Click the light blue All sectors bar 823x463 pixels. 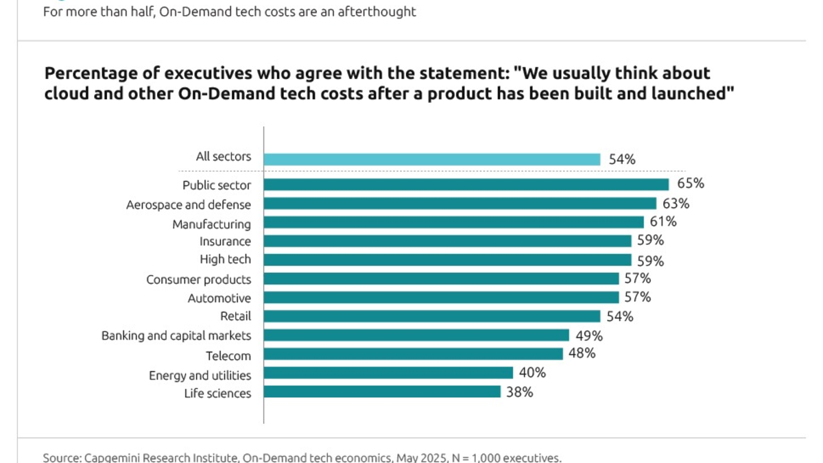(432, 159)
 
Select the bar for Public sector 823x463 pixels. (466, 185)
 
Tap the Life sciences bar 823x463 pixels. (382, 392)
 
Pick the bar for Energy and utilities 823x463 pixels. (388, 372)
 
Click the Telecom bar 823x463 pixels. (413, 354)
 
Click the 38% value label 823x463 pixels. (519, 392)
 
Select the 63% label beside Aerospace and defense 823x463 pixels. (676, 203)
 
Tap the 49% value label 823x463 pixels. (588, 335)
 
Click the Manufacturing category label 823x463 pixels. (211, 224)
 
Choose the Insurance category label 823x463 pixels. (225, 241)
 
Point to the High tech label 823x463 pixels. (225, 259)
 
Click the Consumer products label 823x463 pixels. (198, 279)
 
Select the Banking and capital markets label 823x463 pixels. (176, 335)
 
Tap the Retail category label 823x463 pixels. (235, 316)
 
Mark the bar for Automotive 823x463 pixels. (441, 298)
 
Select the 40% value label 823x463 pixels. (532, 372)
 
